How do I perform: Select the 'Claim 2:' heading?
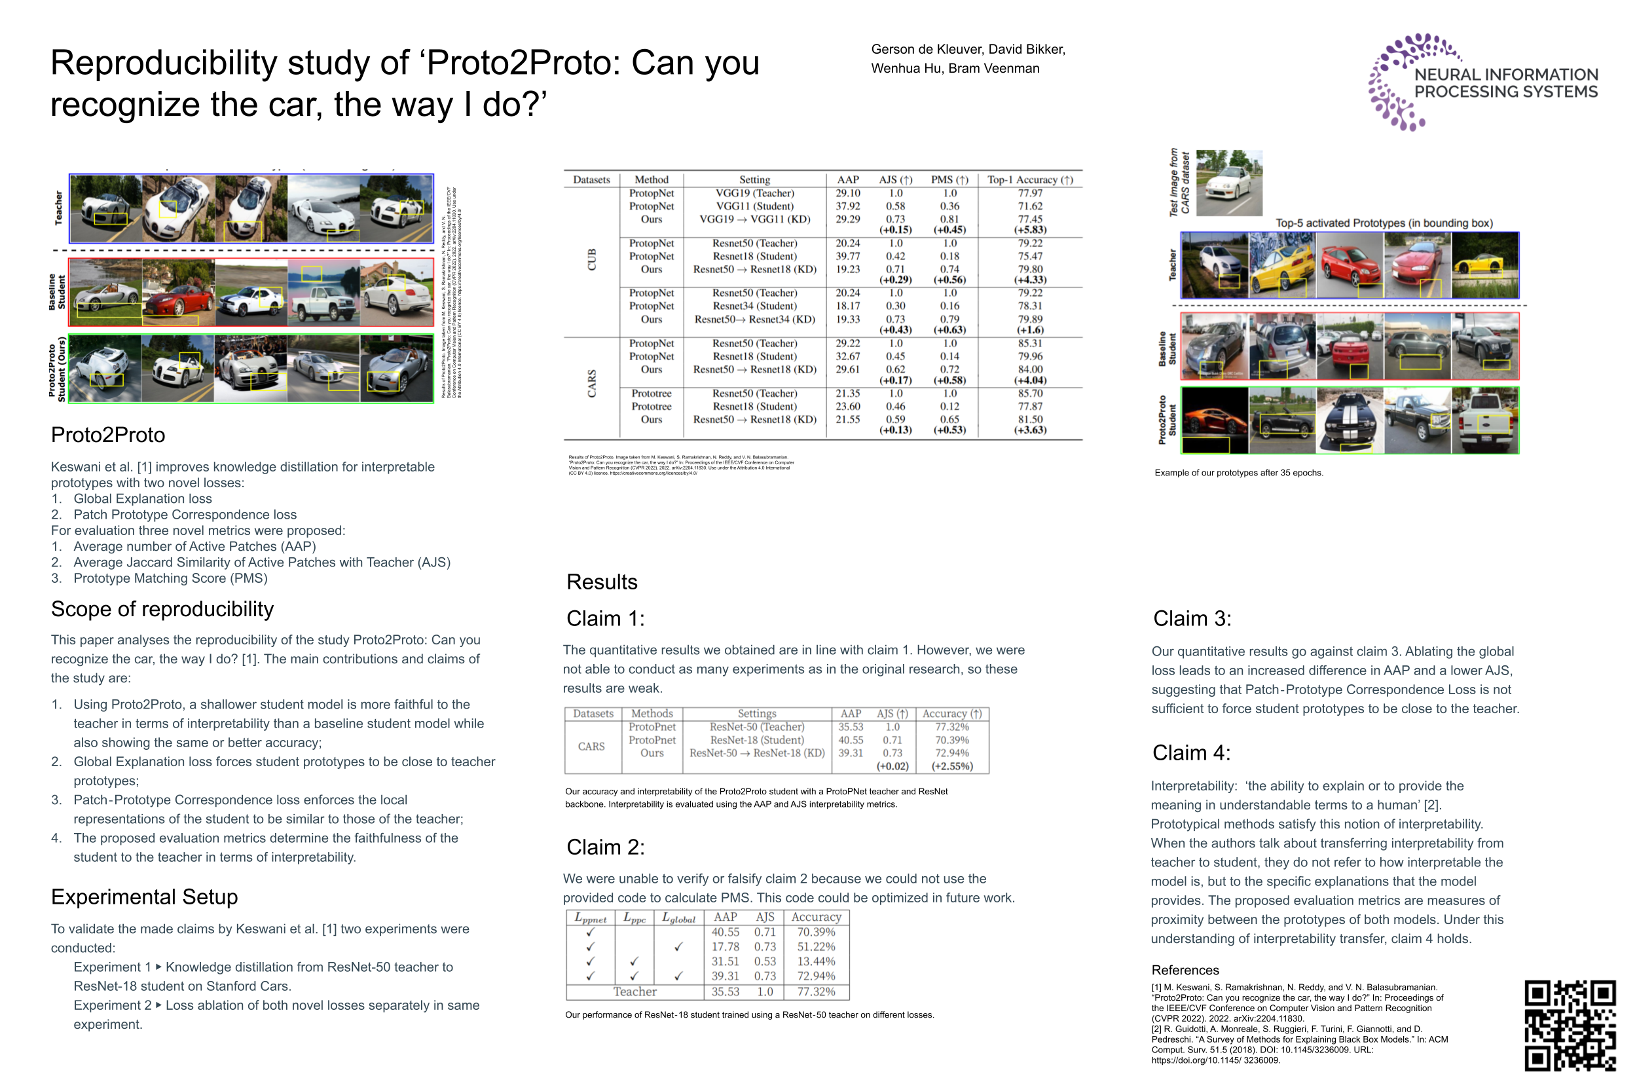(x=604, y=847)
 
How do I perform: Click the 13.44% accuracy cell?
(x=815, y=961)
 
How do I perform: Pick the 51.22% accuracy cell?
(x=815, y=946)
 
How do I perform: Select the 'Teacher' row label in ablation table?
(x=634, y=991)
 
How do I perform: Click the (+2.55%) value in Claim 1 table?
(x=951, y=766)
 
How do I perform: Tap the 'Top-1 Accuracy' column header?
(x=1029, y=179)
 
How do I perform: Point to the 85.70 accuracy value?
(x=1029, y=393)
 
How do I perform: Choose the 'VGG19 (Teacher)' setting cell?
(x=754, y=193)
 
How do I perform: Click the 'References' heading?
(x=1184, y=970)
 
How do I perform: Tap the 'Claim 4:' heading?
(x=1190, y=752)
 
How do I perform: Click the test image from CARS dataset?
(x=1228, y=183)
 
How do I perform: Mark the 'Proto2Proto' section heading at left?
(x=108, y=435)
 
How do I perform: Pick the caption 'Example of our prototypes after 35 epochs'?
(x=1238, y=472)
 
